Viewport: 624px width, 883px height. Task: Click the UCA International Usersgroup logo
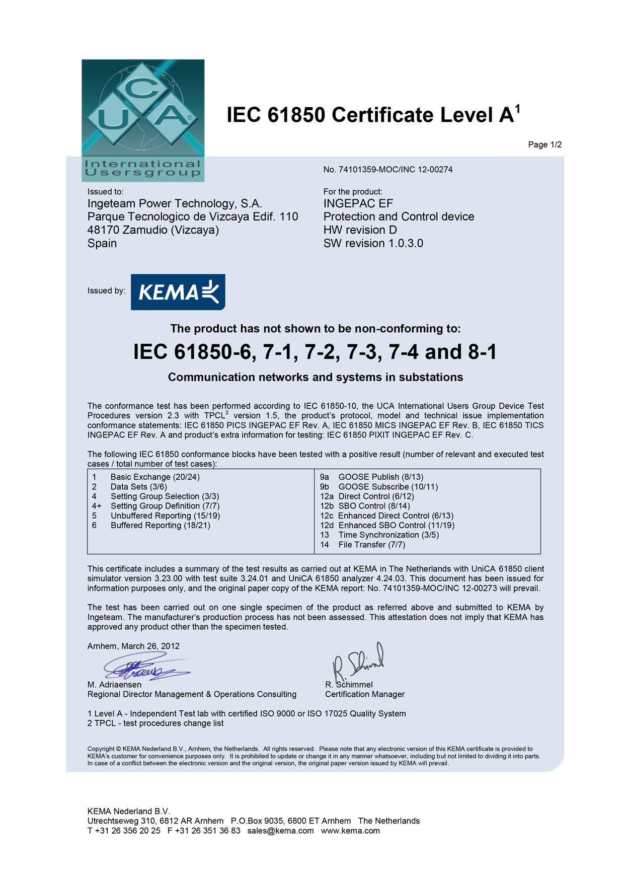tap(143, 120)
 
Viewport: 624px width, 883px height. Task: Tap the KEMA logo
tap(178, 292)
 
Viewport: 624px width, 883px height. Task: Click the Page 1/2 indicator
tap(544, 145)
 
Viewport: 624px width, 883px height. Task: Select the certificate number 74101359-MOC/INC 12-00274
tap(388, 170)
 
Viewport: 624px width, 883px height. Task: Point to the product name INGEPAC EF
tap(358, 204)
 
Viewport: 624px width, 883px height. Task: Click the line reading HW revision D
tap(360, 230)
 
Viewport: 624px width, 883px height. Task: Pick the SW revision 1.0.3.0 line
tap(373, 244)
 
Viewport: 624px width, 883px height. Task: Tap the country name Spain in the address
tap(102, 244)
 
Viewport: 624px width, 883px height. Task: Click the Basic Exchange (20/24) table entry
tap(155, 477)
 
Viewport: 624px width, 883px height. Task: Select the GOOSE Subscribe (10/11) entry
tap(388, 487)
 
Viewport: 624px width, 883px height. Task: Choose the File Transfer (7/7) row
tap(371, 545)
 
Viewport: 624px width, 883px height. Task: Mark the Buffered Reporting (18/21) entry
tap(160, 526)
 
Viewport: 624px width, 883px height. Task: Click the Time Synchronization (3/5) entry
tap(388, 535)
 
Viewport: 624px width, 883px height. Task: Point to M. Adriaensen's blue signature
tap(146, 667)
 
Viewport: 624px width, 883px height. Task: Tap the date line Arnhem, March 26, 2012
tap(133, 646)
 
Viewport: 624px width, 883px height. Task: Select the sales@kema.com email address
tap(280, 831)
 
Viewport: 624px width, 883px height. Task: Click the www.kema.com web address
tap(350, 831)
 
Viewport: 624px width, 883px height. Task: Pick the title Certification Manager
tap(365, 695)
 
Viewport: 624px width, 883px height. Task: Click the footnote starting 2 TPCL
tap(155, 724)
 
